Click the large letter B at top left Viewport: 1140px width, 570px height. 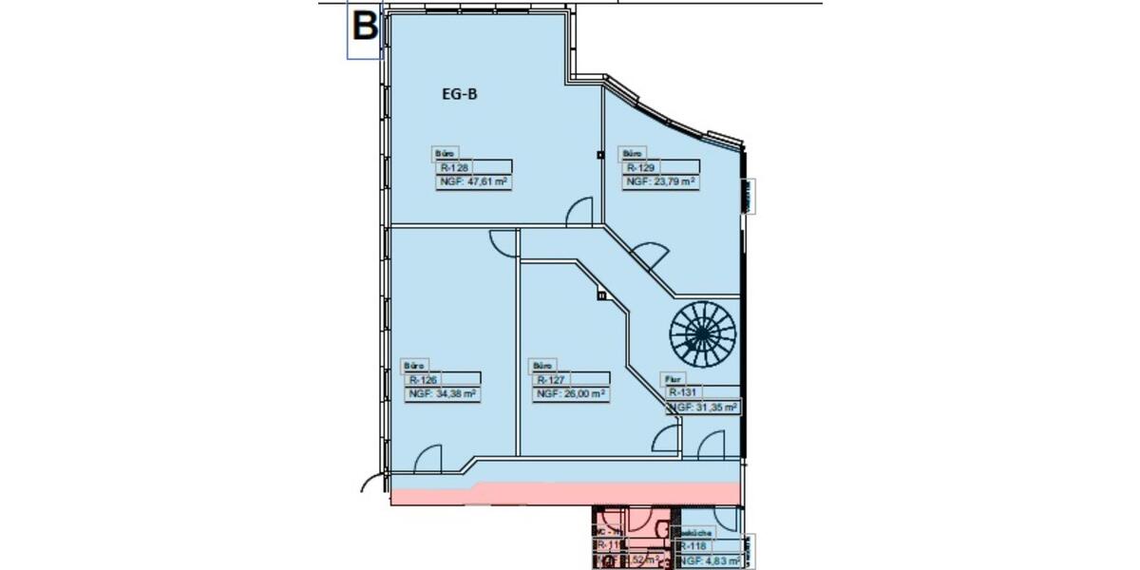point(365,26)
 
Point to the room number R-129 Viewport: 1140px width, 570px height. point(634,166)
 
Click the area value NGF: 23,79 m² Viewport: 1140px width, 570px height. point(659,180)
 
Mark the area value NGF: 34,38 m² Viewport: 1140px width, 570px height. point(442,393)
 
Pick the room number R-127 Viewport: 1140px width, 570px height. point(551,379)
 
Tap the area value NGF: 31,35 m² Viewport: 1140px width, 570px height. point(704,407)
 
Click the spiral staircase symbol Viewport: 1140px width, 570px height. point(703,333)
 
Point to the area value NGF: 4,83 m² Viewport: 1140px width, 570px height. point(710,561)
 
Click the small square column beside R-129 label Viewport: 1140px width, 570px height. point(600,155)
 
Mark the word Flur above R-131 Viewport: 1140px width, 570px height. point(670,378)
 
